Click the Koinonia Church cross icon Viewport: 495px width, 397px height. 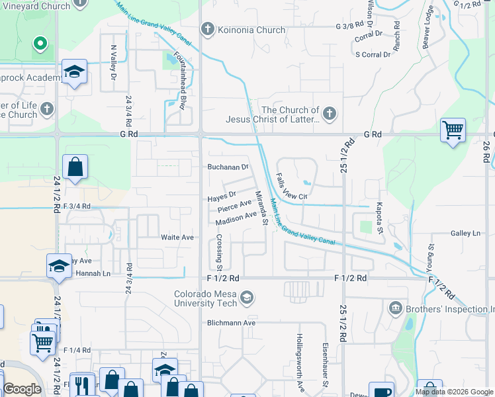208,30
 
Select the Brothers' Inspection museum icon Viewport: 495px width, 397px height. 396,308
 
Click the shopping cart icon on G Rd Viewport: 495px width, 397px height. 453,130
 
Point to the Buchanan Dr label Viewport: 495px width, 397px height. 228,167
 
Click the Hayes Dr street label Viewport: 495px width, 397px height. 222,197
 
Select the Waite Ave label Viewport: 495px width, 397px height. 177,237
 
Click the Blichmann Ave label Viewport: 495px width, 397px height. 230,323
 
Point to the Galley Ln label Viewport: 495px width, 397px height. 466,233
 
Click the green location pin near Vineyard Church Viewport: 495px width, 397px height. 40,44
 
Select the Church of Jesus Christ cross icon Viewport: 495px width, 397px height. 330,114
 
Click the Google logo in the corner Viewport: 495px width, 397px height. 22,389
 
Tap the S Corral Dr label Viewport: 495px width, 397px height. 373,54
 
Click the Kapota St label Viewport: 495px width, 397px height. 380,218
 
